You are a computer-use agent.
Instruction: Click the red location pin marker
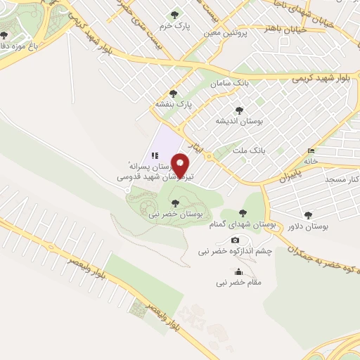coord(181,165)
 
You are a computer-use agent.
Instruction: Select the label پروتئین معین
coord(221,32)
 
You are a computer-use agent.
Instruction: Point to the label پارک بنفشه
coord(174,104)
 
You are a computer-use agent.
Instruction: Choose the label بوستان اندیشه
coord(240,121)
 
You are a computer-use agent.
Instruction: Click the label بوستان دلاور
coord(308,226)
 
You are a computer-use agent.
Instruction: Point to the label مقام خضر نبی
coord(239,282)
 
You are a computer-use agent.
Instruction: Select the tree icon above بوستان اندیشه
coord(240,110)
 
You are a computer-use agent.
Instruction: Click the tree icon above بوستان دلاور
coord(308,215)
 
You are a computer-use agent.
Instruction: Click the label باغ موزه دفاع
coord(22,45)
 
